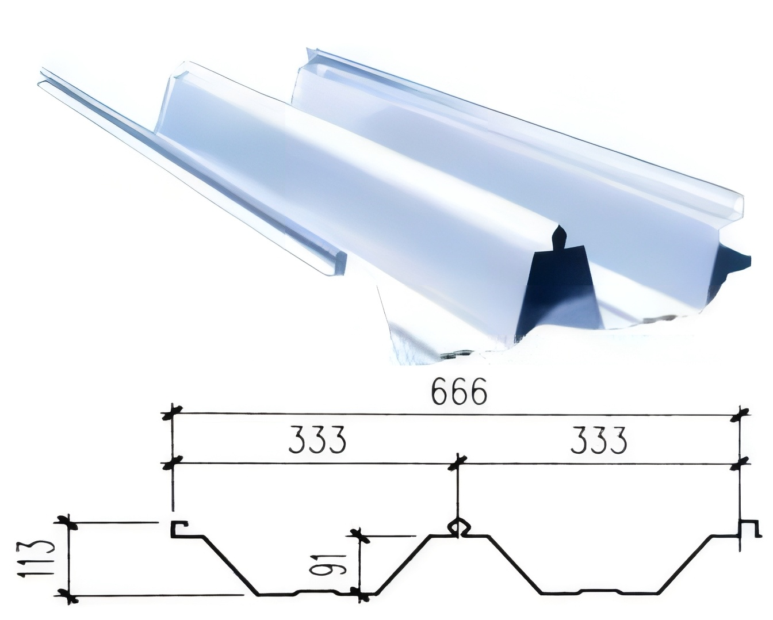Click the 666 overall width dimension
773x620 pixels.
click(x=458, y=393)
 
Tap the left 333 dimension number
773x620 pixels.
click(x=317, y=441)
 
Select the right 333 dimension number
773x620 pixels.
click(x=598, y=441)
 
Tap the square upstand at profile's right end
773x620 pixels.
click(x=746, y=527)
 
